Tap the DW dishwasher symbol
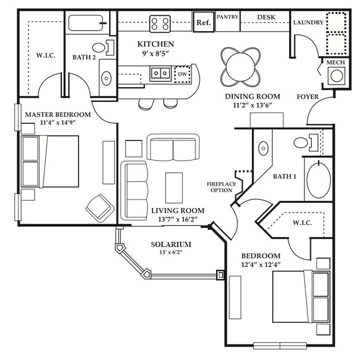tap(182, 74)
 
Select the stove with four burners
tap(160, 23)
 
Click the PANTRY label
tap(227, 17)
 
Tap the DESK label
tap(267, 17)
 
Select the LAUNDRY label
tap(308, 23)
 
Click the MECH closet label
tap(335, 62)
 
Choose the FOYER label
tap(307, 97)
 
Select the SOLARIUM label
tap(171, 245)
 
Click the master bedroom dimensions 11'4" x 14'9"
tap(50, 123)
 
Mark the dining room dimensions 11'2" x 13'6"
tap(252, 106)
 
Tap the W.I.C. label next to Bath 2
tap(45, 56)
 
